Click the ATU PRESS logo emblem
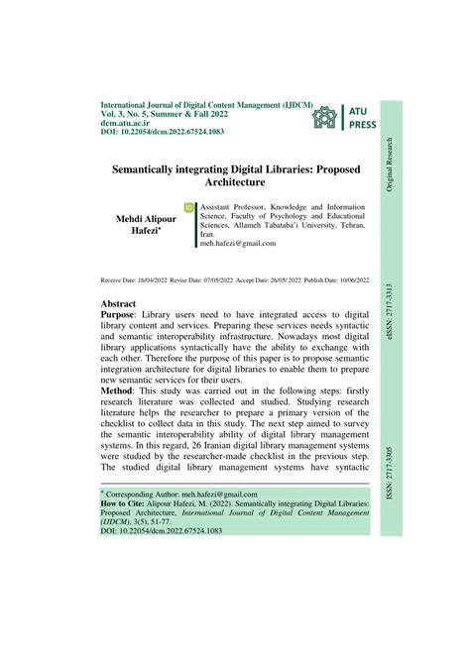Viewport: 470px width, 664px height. tap(323, 118)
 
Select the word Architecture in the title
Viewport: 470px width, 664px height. tap(235, 183)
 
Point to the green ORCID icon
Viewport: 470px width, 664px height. tap(189, 209)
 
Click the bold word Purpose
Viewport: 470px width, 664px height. tap(124, 312)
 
